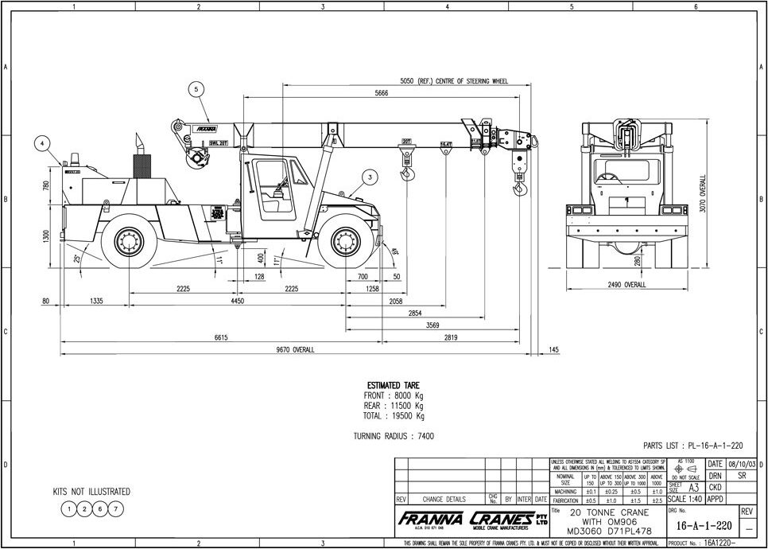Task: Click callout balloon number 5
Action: (195, 89)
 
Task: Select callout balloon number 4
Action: (41, 145)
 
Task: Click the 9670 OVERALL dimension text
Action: (295, 349)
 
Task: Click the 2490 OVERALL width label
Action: (626, 284)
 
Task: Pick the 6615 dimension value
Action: (220, 337)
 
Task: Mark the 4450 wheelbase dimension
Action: (237, 302)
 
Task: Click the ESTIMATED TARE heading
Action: (394, 385)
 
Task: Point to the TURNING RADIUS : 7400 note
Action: (394, 436)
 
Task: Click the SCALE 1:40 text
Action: (684, 499)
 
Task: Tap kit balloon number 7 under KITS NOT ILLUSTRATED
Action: (116, 508)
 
